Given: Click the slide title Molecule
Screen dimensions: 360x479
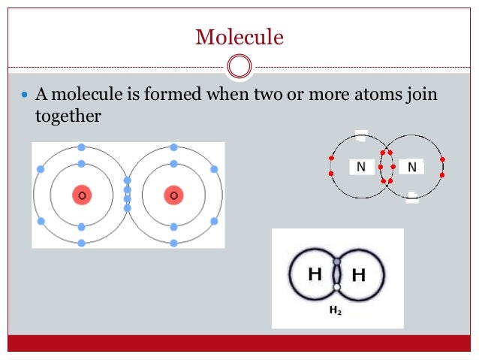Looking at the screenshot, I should [239, 35].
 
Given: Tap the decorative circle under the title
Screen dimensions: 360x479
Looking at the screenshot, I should [239, 66].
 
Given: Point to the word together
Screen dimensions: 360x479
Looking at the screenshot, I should [68, 116].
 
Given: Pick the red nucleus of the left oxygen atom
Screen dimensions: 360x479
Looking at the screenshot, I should [82, 195].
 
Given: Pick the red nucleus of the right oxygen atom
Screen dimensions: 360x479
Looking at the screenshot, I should [173, 195].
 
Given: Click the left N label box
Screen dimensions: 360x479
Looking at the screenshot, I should [361, 167].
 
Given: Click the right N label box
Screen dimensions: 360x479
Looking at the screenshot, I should [411, 167].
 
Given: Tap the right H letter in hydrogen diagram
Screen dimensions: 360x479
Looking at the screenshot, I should [359, 275].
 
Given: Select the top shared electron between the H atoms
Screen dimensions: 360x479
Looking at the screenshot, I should [337, 262].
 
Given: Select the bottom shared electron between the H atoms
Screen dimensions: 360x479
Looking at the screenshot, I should [337, 287].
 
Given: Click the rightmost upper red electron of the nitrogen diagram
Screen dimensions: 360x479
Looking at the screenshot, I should [443, 159].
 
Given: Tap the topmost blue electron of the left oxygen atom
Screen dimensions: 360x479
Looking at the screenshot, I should [81, 147].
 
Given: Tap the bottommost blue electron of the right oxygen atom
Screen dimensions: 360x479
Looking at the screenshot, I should [173, 243].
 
